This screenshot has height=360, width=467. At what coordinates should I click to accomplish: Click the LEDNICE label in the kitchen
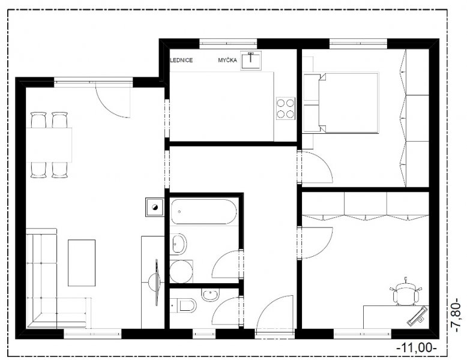[181, 60]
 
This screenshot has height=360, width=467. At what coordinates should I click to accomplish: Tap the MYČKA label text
[227, 60]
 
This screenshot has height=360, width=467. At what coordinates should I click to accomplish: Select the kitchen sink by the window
[251, 61]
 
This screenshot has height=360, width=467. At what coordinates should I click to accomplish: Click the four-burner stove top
[286, 109]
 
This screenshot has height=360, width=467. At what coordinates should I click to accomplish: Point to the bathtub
[204, 211]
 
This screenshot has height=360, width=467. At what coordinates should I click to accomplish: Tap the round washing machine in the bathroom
[181, 272]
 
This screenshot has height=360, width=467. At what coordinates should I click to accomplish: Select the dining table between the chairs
[49, 145]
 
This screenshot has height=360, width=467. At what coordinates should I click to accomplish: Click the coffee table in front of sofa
[82, 263]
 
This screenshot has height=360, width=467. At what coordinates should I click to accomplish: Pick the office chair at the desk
[406, 292]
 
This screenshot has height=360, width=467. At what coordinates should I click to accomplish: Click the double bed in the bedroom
[348, 102]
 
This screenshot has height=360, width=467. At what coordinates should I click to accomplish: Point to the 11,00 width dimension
[417, 347]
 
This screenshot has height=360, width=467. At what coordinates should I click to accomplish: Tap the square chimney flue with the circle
[155, 207]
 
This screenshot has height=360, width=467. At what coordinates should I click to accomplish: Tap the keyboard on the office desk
[417, 316]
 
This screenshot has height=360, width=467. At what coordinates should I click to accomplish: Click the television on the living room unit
[157, 282]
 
